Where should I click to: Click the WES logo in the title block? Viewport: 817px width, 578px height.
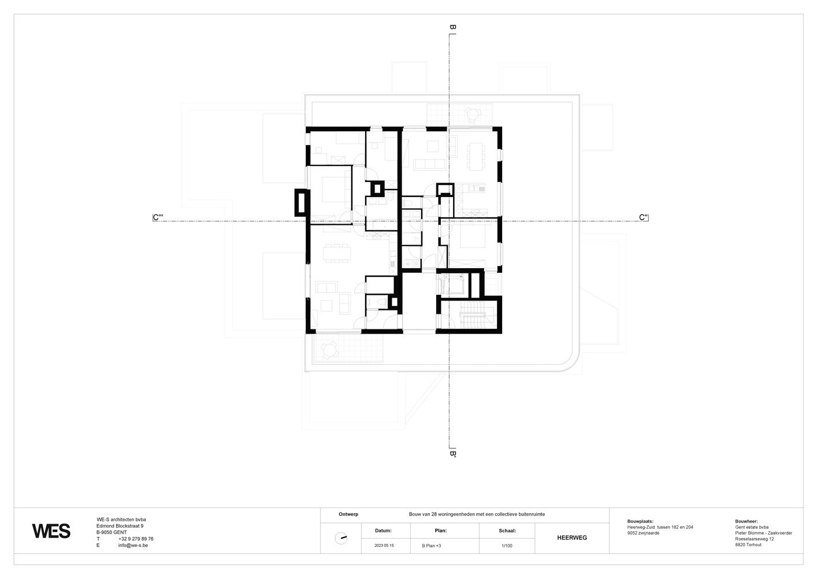(51, 531)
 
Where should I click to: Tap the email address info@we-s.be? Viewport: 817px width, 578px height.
(133, 545)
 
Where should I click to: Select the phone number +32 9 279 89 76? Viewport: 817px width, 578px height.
(136, 539)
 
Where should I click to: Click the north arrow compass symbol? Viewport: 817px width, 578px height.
(341, 538)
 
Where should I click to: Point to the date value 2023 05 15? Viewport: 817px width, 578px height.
(384, 546)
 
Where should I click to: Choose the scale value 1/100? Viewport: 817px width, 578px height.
(507, 546)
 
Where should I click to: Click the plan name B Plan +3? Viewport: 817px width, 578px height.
(432, 546)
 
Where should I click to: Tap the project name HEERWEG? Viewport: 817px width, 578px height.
(572, 538)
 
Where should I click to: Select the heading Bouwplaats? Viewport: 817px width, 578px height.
(640, 521)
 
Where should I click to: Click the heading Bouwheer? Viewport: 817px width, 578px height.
(747, 521)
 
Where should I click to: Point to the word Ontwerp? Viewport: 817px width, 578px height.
(348, 514)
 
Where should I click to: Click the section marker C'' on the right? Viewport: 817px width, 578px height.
(644, 217)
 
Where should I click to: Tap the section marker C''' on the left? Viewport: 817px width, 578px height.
(158, 217)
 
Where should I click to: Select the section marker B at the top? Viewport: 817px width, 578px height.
(452, 27)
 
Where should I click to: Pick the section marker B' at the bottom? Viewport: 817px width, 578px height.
(452, 454)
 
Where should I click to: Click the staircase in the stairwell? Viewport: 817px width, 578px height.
(473, 315)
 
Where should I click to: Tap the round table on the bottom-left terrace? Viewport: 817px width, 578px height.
(330, 350)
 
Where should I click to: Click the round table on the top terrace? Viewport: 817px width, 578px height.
(473, 114)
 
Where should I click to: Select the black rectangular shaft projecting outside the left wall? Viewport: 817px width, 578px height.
(301, 202)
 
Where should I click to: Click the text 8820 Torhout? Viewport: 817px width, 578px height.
(748, 544)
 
